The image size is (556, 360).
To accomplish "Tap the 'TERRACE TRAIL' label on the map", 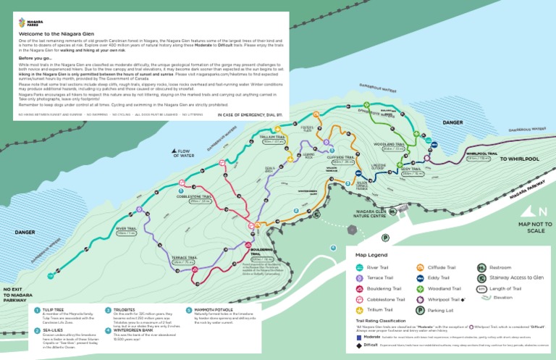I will pyautogui.click(x=184, y=258).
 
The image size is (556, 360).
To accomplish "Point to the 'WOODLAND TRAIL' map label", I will pyautogui.click(x=388, y=144).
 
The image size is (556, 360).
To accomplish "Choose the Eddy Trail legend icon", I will pyautogui.click(x=420, y=277).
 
